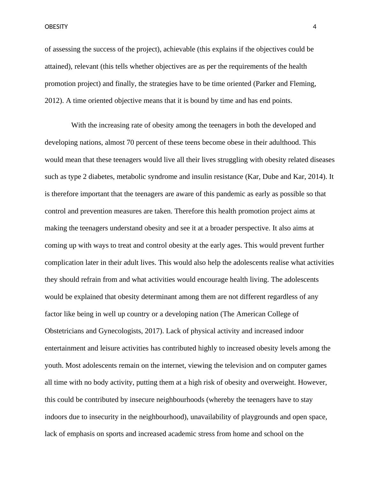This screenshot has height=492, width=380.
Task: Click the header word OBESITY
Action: pyautogui.click(x=56, y=27)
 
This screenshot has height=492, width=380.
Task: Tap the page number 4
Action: pyautogui.click(x=315, y=27)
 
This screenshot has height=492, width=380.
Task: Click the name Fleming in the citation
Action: pyautogui.click(x=302, y=84)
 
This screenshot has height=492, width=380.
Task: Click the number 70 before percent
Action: pyautogui.click(x=130, y=142)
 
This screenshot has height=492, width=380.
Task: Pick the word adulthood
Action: pyautogui.click(x=284, y=142)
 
